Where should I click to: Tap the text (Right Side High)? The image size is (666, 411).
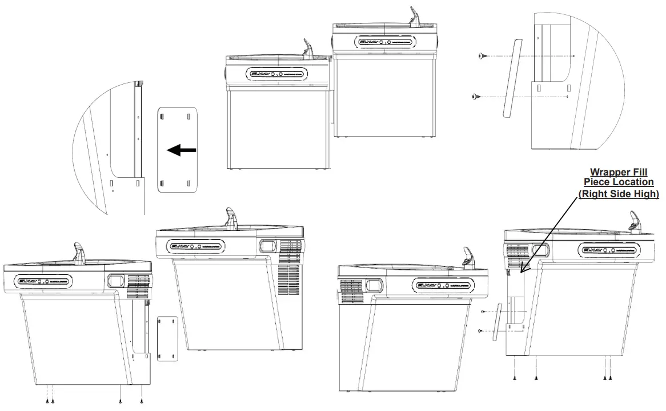[619, 194]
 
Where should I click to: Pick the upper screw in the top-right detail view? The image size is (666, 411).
[483, 56]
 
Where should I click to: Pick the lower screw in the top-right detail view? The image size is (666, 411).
[476, 97]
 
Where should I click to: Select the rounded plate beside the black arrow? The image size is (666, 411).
[177, 150]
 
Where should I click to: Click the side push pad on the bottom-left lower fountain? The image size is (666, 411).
[116, 281]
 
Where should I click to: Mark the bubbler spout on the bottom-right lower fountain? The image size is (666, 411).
[468, 258]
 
